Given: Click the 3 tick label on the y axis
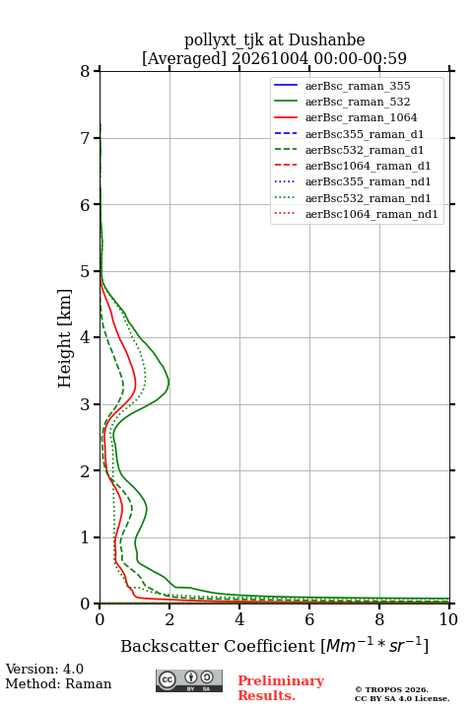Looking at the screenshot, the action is [85, 404].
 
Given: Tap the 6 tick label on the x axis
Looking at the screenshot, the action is [309, 619].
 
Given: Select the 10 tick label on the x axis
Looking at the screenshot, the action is [448, 619].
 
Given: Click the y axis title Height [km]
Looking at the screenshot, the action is [65, 338].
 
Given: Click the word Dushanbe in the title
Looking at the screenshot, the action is [326, 40].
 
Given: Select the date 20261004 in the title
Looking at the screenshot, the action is [270, 58].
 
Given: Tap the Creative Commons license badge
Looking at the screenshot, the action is [189, 680].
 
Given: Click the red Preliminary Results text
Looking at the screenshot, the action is [281, 688].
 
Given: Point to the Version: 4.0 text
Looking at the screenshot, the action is [44, 669].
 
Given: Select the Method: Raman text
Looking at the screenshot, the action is [58, 683].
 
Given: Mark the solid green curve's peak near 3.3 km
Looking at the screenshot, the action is [169, 383].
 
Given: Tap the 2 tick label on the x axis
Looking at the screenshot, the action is [169, 619].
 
